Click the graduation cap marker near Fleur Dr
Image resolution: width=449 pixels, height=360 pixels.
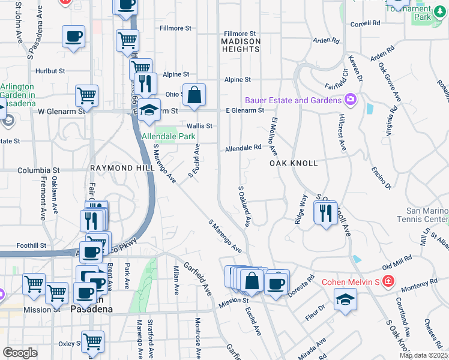click(345, 299)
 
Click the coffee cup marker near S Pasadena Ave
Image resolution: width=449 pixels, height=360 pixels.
click(73, 37)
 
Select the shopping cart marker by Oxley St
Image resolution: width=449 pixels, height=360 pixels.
click(92, 342)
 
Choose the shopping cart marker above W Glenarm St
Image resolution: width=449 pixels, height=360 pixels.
click(87, 95)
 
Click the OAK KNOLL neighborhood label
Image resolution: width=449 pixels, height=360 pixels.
click(293, 163)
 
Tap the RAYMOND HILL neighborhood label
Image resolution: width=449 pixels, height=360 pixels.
click(118, 169)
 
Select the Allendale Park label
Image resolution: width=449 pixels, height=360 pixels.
click(169, 136)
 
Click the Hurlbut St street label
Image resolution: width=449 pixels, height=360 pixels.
click(50, 70)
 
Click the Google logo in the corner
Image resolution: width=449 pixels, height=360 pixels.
click(20, 353)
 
